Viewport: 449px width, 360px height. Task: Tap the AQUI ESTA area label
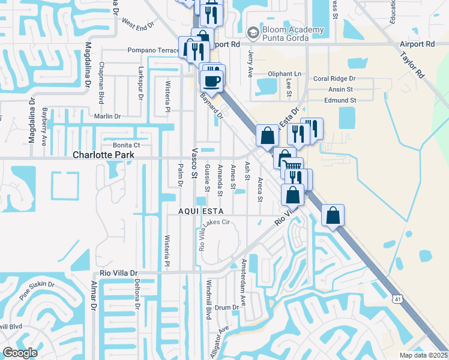tap(200, 212)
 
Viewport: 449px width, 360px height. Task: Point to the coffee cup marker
tap(212, 80)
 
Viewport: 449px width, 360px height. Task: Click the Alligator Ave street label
tap(220, 342)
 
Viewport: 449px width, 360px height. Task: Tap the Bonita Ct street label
tap(126, 145)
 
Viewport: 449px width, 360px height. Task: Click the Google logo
tap(20, 352)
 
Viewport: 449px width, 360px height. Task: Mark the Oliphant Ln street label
tap(284, 74)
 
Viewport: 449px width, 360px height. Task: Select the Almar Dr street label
tap(93, 295)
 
